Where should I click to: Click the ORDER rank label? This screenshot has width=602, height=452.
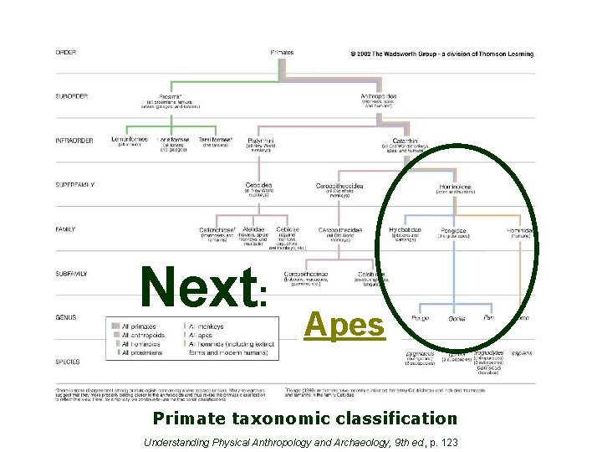pos(66,53)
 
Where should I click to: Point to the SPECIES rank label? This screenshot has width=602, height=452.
pos(68,362)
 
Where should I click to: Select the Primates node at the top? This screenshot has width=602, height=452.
pos(282,53)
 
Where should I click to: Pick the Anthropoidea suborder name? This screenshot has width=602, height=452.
pos(378,96)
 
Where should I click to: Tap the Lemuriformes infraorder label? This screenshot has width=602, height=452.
pos(130,140)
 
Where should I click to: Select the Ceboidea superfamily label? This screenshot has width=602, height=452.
pos(258,184)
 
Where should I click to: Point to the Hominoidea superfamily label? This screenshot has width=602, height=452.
pos(456,186)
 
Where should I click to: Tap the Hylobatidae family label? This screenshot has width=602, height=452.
pos(406,229)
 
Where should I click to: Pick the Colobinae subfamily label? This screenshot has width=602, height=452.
pos(370,273)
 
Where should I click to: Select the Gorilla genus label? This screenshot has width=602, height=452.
pos(457,319)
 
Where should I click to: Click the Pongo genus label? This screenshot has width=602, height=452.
pos(420,318)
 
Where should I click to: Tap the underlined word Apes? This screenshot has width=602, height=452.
pos(345,325)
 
